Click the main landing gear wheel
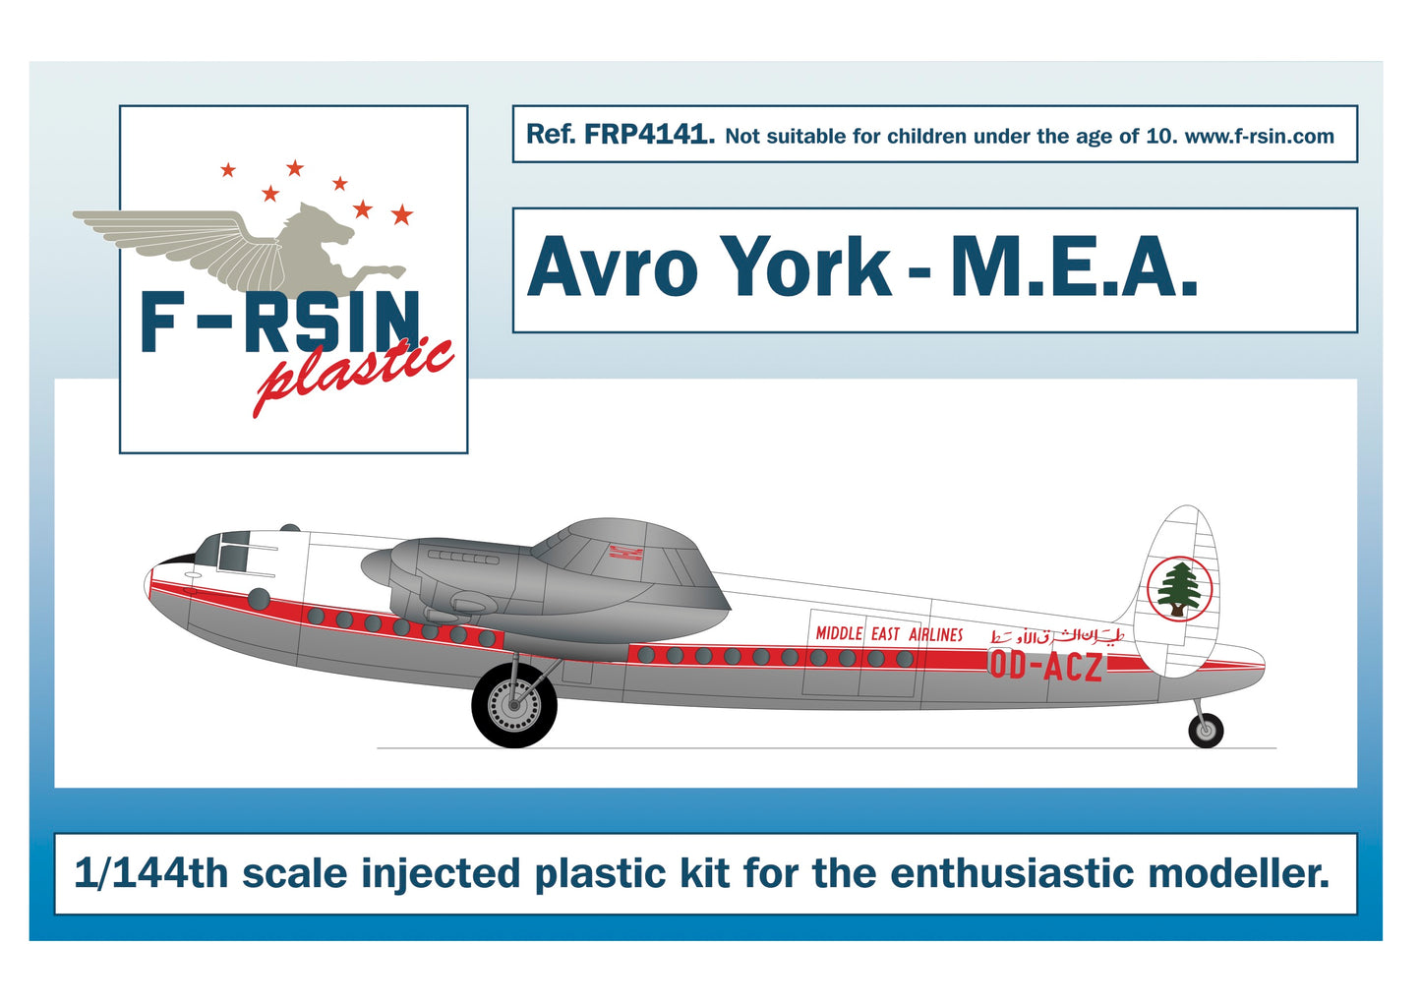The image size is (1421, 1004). tap(514, 704)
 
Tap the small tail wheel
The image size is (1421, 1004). tap(1206, 730)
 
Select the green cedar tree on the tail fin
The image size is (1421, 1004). tap(1178, 588)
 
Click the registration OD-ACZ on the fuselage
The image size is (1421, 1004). tap(1044, 666)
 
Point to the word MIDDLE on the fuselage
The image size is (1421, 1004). tap(839, 634)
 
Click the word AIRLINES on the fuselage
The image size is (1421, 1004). tap(935, 634)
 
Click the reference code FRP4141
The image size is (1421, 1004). tap(648, 135)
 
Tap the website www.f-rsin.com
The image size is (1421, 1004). tap(1259, 137)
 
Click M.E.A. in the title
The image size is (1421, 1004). tap(1073, 267)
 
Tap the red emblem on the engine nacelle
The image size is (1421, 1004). tap(625, 554)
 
